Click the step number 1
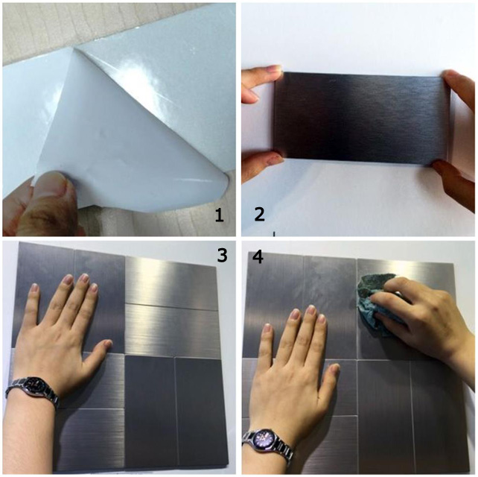tap(219, 215)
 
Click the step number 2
tap(260, 215)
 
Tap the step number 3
tap(222, 256)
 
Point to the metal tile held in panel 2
tap(361, 119)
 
